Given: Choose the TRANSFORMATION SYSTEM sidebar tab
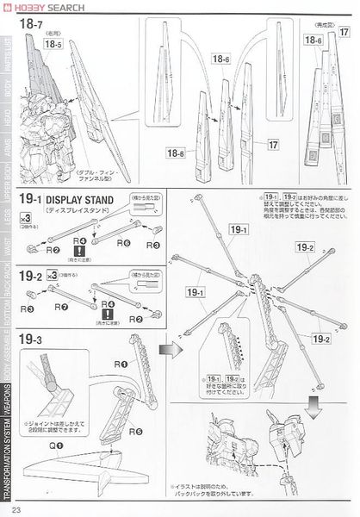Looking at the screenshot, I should [x=7, y=465].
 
